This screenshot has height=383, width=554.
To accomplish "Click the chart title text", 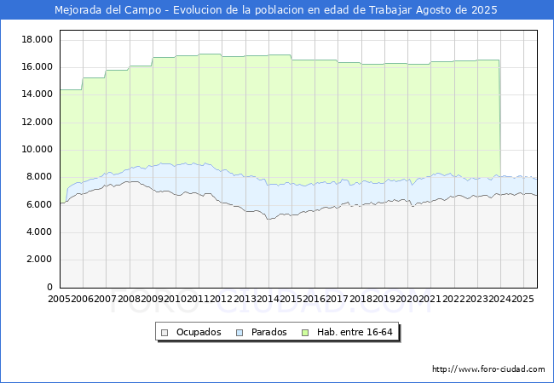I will point(276,10).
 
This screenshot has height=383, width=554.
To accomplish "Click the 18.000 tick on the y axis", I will point(38,40).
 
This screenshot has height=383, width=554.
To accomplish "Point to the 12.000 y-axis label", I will point(38,123).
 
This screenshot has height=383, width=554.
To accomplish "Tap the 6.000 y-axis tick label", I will point(38,205).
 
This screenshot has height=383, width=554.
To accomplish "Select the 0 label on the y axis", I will point(49,288).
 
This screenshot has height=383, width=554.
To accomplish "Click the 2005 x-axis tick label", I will point(60,300).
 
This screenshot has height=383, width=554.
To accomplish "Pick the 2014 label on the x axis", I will point(268,300).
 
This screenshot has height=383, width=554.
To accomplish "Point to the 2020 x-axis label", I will point(406,300).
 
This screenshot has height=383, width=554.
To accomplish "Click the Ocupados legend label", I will point(199,332).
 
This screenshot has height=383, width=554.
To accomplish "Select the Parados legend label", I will point(268,332).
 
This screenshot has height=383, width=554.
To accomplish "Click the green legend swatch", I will point(307,332).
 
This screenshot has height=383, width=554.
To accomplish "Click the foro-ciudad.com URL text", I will point(488,369).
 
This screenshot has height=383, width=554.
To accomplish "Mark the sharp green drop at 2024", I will point(499,119).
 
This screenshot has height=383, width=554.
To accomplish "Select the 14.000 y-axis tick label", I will point(38,95).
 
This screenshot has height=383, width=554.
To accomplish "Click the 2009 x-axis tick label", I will point(152,300).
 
